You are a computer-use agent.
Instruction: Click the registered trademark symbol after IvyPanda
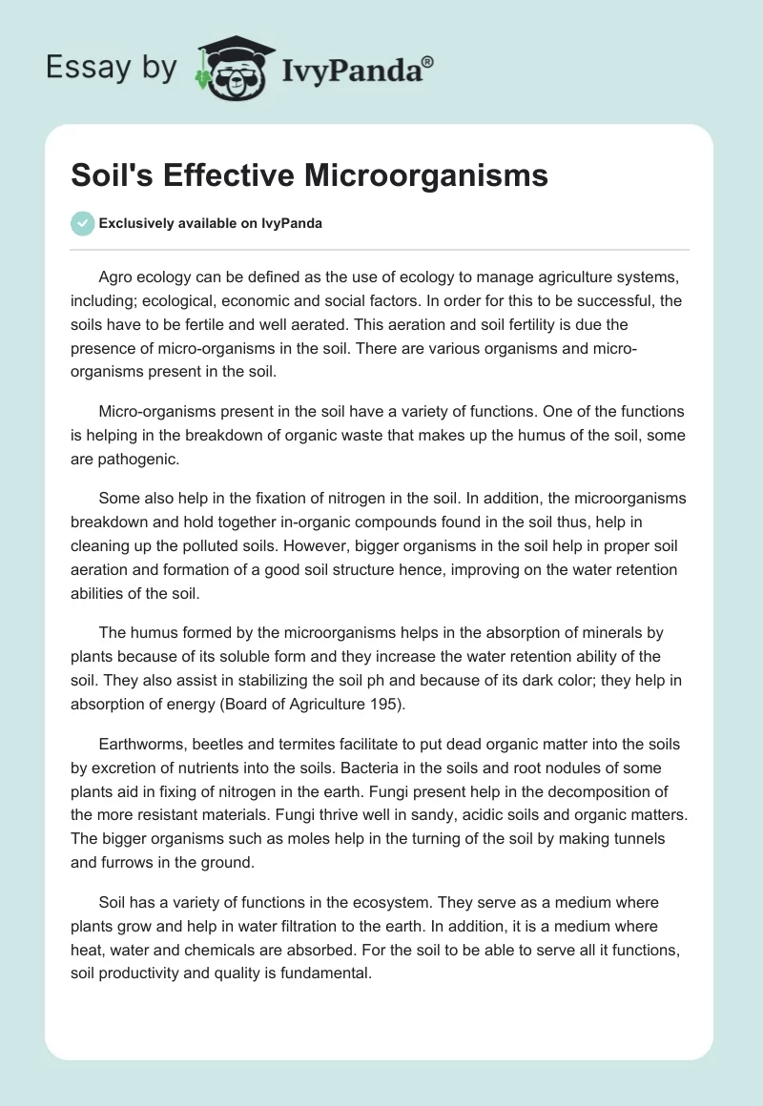point(428,62)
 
